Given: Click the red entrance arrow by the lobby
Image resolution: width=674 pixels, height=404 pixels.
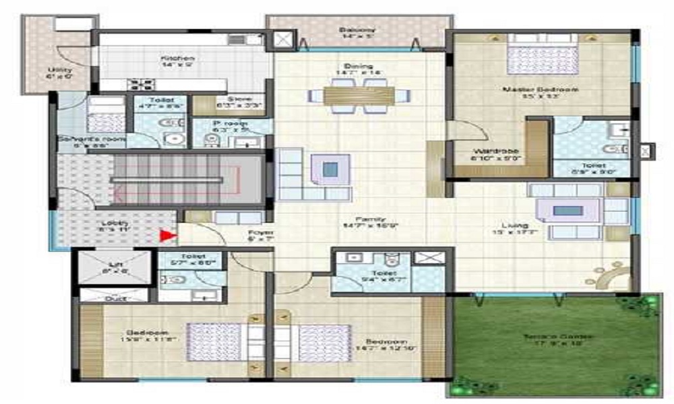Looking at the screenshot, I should pyautogui.click(x=166, y=236).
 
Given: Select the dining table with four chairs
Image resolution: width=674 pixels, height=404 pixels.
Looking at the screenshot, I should pyautogui.click(x=357, y=96).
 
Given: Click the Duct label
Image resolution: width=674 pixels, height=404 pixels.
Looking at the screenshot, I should pyautogui.click(x=115, y=297).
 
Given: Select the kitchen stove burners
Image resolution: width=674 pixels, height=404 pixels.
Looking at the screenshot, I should pyautogui.click(x=142, y=84).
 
